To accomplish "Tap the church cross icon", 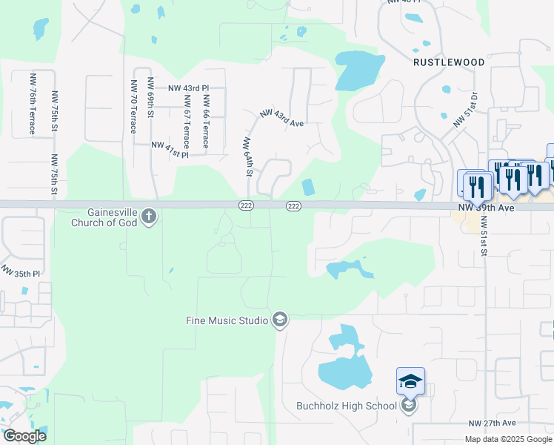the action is [x=148, y=217].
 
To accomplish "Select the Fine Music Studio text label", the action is [x=227, y=320].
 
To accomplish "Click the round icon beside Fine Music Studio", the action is [x=280, y=320].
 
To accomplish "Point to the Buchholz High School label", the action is [x=347, y=406].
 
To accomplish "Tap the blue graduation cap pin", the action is [x=410, y=382].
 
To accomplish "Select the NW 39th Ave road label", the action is [x=486, y=208].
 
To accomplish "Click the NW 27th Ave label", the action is [x=492, y=423].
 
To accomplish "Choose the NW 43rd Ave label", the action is [x=282, y=117].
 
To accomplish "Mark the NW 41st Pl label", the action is [x=170, y=150].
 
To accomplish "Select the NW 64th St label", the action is [x=249, y=156].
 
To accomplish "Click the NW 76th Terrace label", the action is [x=33, y=104].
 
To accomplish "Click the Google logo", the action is [x=24, y=436].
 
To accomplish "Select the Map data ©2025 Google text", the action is [x=507, y=438].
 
